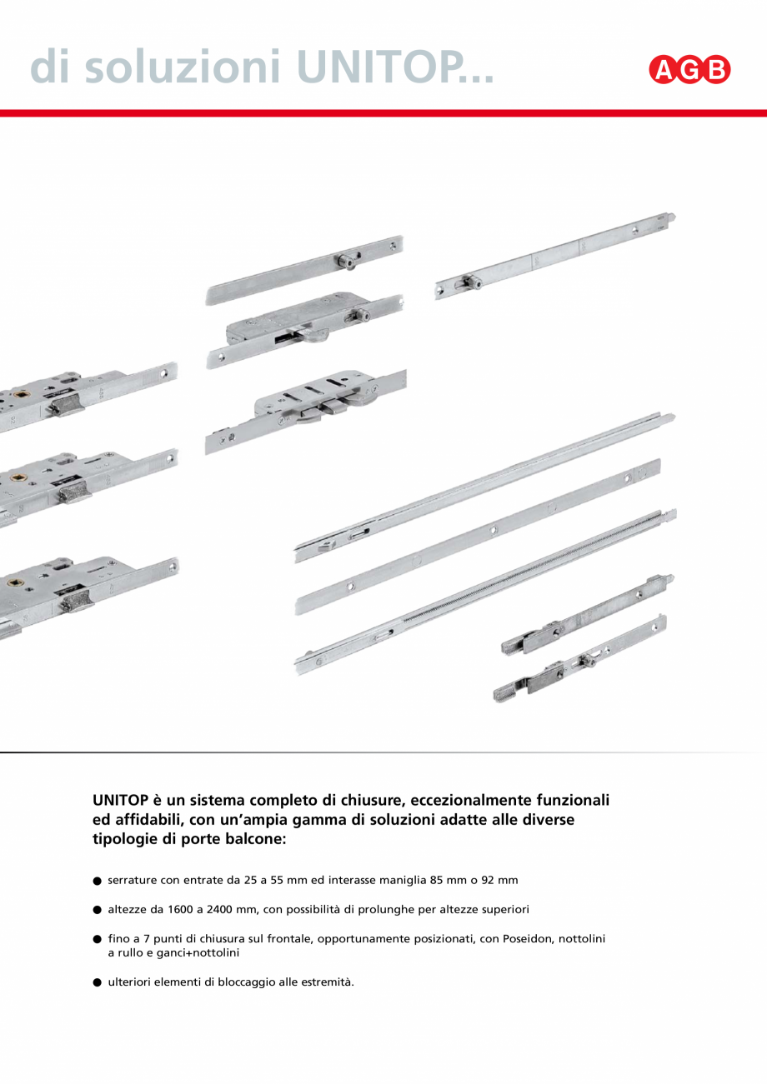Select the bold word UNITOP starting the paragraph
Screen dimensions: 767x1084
pos(120,800)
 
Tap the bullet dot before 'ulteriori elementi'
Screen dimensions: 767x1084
pos(97,982)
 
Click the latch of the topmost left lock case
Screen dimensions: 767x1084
pos(63,407)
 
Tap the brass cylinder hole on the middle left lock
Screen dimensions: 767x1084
pos(18,481)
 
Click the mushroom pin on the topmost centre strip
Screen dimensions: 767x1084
pos(344,261)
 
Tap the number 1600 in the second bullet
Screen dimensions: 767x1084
pos(165,909)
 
